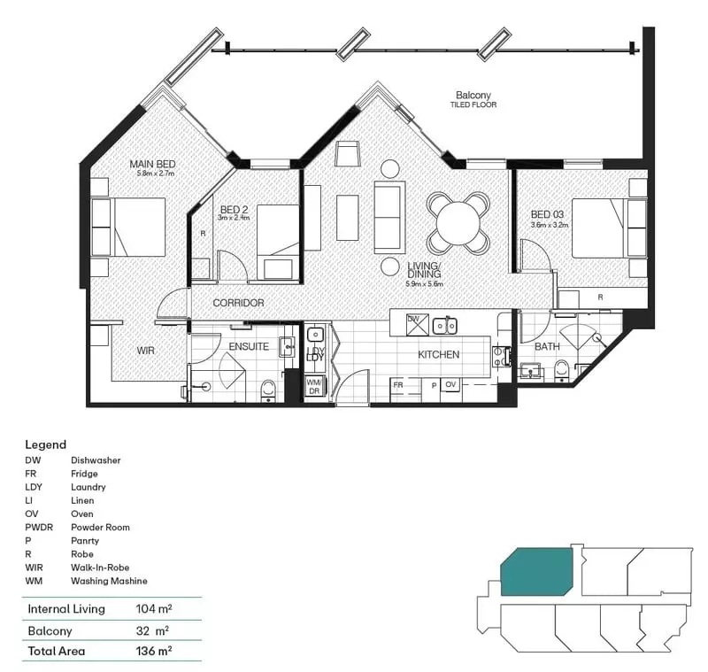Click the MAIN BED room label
tap(151, 164)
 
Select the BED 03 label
tap(547, 214)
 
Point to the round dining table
tap(458, 222)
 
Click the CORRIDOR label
tap(238, 303)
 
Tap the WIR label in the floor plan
tap(146, 351)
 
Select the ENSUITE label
tap(249, 346)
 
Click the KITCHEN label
tap(439, 354)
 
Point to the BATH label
tap(546, 346)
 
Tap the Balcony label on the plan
tap(473, 95)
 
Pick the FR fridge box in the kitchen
tap(399, 386)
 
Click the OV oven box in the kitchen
tap(450, 386)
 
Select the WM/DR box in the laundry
tap(313, 386)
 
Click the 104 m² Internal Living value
tap(152, 609)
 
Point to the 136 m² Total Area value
tap(152, 651)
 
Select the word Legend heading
tap(45, 444)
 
